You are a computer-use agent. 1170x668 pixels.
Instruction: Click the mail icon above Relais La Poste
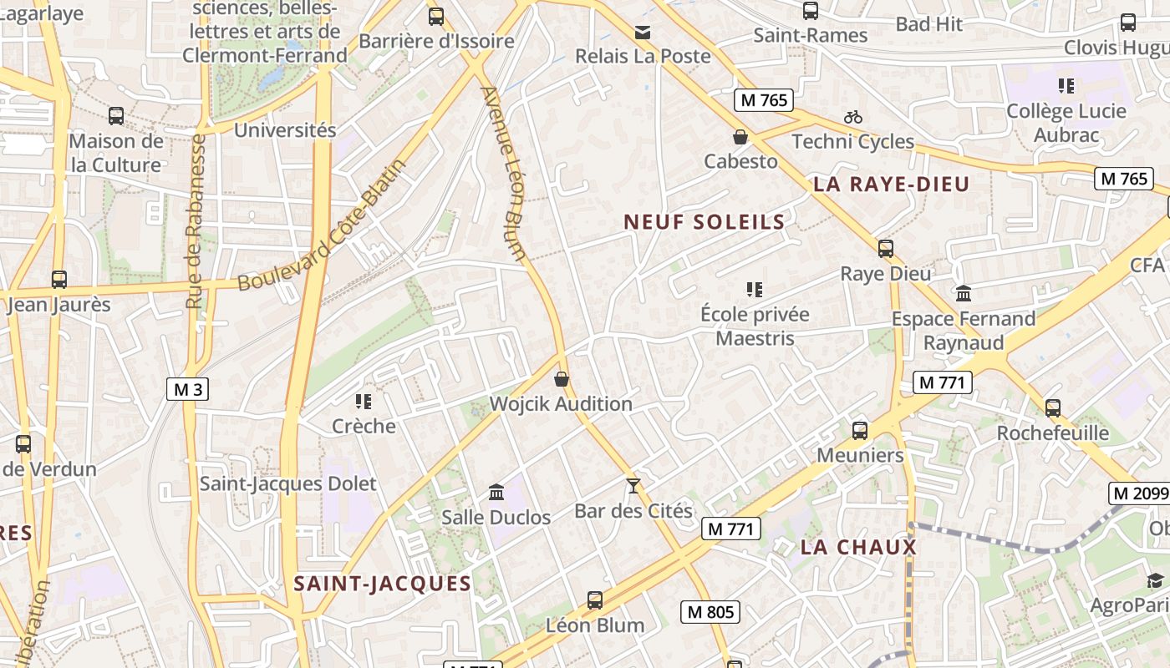643,33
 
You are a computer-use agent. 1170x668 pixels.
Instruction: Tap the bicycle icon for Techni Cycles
852,118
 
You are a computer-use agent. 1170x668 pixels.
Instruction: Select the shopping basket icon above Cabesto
740,137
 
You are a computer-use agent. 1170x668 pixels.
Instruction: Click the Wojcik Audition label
561,404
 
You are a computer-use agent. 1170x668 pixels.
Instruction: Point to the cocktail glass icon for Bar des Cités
633,485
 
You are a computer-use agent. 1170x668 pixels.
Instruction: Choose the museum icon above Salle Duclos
496,492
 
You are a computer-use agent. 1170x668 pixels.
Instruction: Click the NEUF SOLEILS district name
705,222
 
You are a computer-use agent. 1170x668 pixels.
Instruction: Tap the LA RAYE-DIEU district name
891,185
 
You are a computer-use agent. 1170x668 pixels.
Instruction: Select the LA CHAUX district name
858,548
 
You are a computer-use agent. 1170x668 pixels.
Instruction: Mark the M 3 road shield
187,389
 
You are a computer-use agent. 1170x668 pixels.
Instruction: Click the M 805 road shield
710,612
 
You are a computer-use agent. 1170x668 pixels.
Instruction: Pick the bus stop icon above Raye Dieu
886,249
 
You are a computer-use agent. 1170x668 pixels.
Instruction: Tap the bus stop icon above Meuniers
860,431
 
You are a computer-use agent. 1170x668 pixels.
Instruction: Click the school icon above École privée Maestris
755,290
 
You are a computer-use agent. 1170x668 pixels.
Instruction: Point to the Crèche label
364,426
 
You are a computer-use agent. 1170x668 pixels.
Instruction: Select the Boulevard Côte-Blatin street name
322,225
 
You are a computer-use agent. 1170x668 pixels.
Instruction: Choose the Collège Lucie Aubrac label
1066,123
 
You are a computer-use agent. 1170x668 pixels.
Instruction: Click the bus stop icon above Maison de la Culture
116,116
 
